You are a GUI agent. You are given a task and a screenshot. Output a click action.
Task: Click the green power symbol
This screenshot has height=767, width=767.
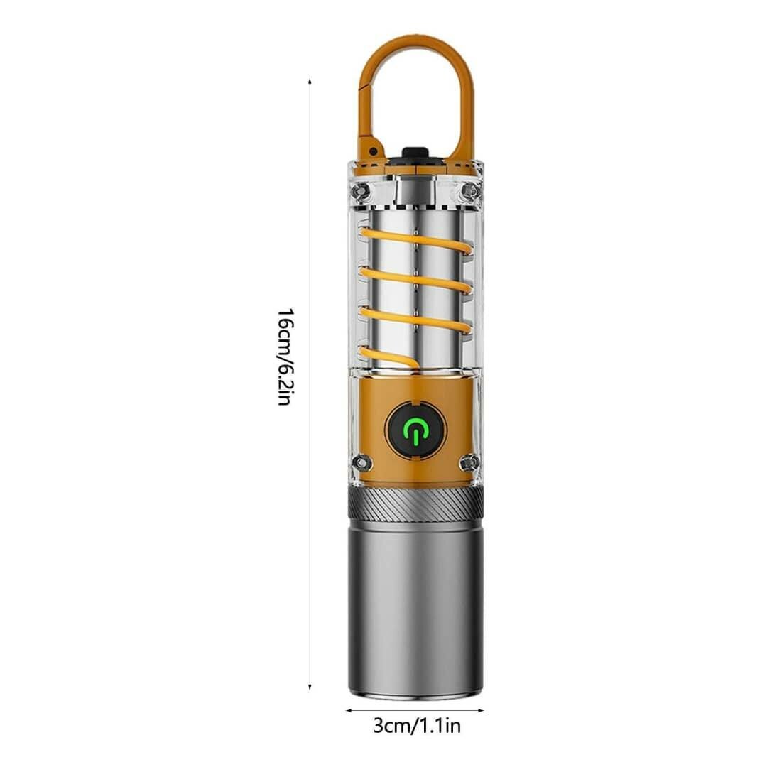click(415, 430)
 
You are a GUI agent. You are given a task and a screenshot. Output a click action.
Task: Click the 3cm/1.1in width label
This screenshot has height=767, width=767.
click(417, 726)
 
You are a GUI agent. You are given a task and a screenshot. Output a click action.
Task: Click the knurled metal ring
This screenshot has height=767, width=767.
click(415, 503)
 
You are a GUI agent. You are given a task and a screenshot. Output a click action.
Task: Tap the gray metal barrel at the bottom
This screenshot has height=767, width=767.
click(415, 607)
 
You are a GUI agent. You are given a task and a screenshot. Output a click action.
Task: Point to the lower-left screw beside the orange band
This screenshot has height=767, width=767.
click(362, 463)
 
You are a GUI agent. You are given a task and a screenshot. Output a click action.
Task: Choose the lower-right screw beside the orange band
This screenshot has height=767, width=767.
click(468, 463)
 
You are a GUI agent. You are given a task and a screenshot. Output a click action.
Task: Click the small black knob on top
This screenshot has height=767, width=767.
click(415, 153)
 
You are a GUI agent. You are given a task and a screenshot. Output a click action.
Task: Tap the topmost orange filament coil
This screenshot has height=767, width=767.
click(415, 240)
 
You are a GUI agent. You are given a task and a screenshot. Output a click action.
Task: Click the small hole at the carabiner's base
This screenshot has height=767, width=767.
click(372, 151)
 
